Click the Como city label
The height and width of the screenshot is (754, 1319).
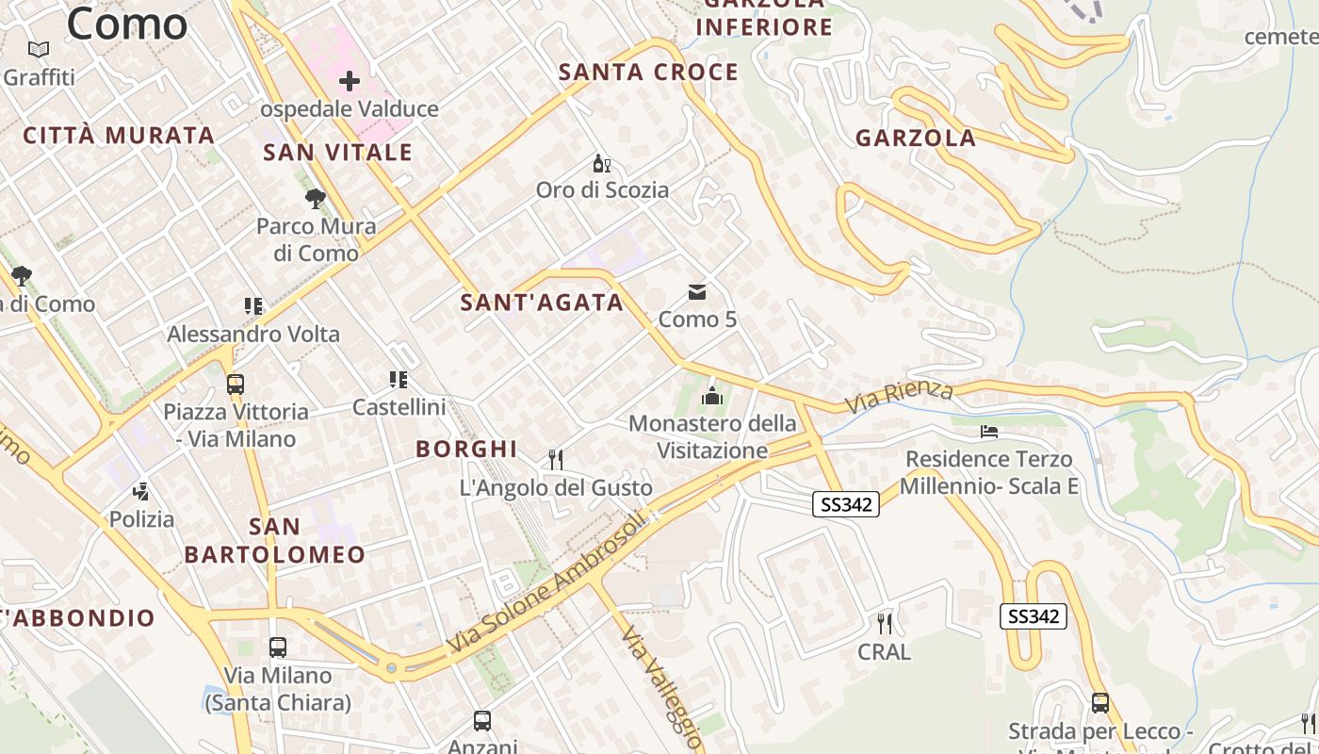[127, 23]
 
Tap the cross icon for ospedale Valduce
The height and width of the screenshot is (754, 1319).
[350, 81]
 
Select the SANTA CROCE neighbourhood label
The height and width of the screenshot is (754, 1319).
[648, 73]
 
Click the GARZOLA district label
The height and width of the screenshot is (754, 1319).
[915, 139]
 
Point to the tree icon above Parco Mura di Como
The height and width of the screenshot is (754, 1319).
[316, 198]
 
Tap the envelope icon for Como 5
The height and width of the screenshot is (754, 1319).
[697, 292]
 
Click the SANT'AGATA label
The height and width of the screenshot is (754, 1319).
[542, 303]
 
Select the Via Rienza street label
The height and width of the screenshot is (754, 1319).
[899, 397]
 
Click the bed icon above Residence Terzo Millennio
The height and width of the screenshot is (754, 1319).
[988, 432]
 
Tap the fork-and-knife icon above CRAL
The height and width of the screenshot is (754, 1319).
[884, 623]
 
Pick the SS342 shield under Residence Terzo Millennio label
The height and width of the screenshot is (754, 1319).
[846, 504]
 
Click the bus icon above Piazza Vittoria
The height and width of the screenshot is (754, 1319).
[236, 385]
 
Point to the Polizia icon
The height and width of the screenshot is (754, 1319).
[141, 491]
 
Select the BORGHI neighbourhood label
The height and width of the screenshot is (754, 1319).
[466, 450]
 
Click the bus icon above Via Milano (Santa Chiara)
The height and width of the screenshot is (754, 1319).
[278, 647]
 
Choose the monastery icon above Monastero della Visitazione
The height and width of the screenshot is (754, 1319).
[712, 396]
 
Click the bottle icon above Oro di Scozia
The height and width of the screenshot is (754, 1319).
[602, 164]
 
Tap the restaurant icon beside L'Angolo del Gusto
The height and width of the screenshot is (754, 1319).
[556, 459]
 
